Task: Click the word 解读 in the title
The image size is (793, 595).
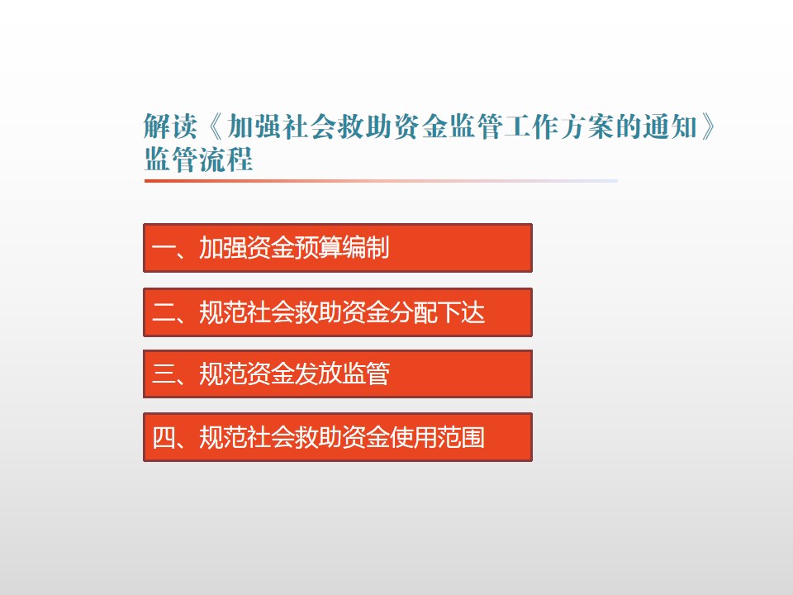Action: (170, 126)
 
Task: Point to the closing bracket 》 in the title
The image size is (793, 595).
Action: (709, 126)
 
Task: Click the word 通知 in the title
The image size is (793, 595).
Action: (670, 126)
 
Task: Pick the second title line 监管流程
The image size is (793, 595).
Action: (198, 159)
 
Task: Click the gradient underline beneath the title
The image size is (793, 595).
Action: (381, 181)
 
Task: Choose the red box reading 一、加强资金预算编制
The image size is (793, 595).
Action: (338, 248)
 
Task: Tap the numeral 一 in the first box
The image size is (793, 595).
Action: (163, 248)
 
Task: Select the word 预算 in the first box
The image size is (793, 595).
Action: (318, 248)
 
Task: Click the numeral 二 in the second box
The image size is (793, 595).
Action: (163, 312)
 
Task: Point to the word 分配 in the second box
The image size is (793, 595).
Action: (413, 312)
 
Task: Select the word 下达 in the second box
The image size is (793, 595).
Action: (461, 312)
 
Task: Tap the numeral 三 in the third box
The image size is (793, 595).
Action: (163, 374)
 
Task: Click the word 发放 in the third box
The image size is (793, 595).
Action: (318, 374)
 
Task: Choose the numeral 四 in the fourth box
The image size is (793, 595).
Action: (163, 437)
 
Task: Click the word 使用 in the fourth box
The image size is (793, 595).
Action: (413, 437)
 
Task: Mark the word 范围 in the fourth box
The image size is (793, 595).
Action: (461, 437)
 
